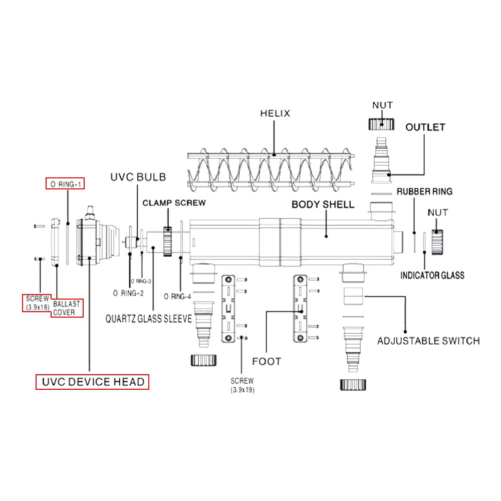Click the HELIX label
[x=275, y=113]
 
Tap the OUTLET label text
[x=425, y=127]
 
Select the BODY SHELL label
[x=323, y=204]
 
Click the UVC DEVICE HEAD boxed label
[x=93, y=382]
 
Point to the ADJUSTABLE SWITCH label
[x=428, y=341]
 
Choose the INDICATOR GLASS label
[x=432, y=275]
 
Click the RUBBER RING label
[x=424, y=191]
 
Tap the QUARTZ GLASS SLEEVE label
[x=148, y=319]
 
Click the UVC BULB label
[x=138, y=177]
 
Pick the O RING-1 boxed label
[x=66, y=184]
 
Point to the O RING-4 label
[x=177, y=296]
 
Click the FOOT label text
[x=267, y=361]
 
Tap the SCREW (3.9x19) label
[x=242, y=385]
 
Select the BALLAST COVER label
[x=65, y=308]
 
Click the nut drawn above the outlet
[x=382, y=123]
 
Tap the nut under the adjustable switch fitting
[x=354, y=384]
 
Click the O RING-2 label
[x=129, y=293]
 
